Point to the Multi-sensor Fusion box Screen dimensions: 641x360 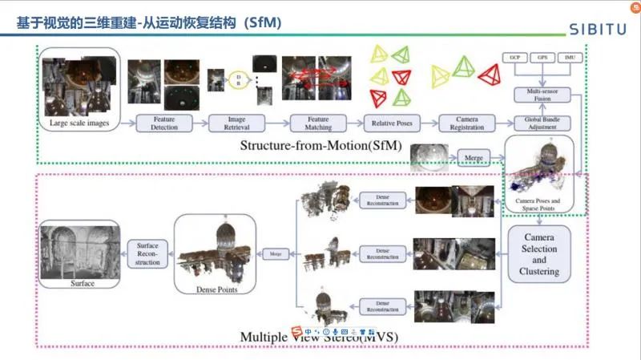(541, 95)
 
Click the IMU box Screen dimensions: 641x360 (570, 59)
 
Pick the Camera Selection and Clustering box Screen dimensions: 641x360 (539, 254)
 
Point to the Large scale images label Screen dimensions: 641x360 (79, 123)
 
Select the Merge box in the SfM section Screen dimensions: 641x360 (474, 159)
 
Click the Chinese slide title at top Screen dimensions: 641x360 (148, 25)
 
